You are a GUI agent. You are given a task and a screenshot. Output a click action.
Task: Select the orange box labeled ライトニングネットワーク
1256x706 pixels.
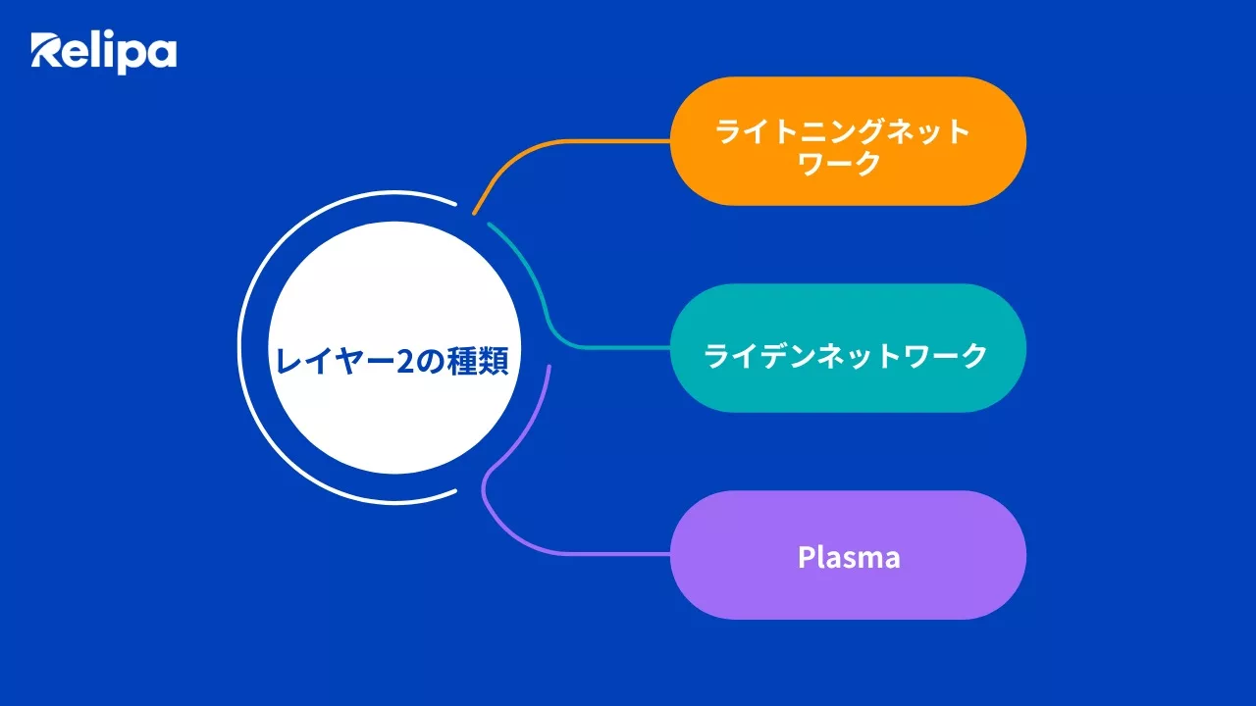pyautogui.click(x=848, y=141)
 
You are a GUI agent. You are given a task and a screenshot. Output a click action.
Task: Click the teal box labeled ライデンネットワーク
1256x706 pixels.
pyautogui.click(x=848, y=348)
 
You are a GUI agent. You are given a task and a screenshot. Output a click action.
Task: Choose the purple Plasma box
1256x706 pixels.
pyautogui.click(x=848, y=555)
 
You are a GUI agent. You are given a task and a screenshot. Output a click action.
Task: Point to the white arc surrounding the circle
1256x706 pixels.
pyautogui.click(x=241, y=348)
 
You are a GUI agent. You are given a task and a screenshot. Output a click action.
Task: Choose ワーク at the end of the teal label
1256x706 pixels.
pyautogui.click(x=945, y=355)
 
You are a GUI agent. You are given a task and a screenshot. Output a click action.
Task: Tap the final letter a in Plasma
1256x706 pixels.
pyautogui.click(x=890, y=558)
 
